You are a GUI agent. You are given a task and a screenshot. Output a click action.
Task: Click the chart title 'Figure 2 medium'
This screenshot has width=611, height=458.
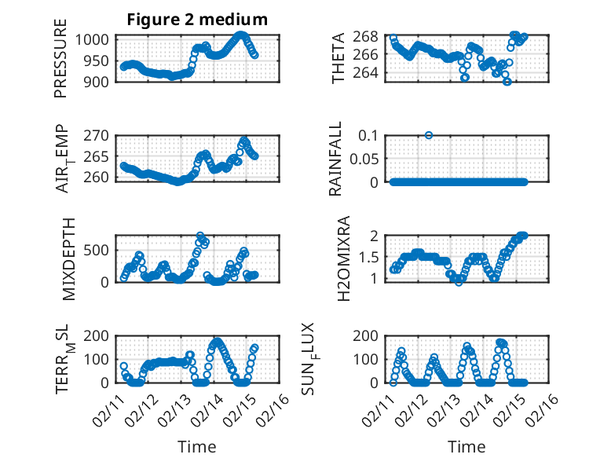[197, 20]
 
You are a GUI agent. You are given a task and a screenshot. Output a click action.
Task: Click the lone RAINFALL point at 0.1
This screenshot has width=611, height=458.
[428, 135]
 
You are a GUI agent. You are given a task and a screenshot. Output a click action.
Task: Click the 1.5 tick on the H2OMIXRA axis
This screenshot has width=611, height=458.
[371, 258]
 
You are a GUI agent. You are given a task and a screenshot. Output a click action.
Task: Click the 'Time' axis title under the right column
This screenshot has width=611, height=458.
[466, 446]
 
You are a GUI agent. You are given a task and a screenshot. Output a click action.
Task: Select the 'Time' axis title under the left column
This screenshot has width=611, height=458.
[196, 446]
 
